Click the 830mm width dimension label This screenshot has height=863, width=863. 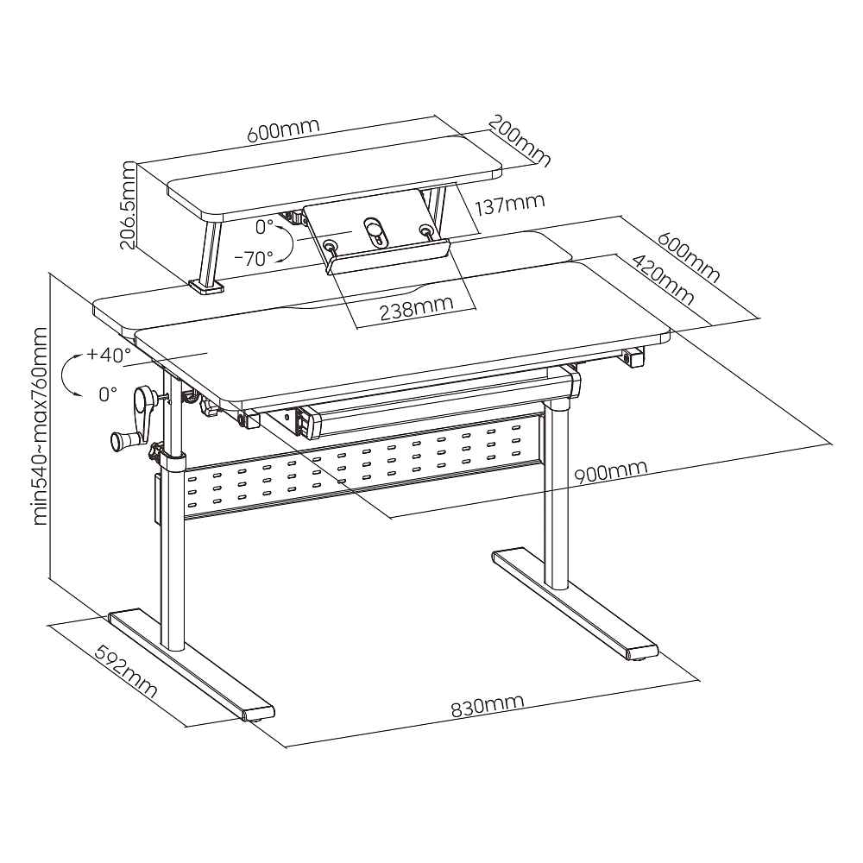487,706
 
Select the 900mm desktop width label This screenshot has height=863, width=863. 610,472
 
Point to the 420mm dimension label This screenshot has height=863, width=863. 662,280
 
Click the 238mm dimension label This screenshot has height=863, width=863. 417,309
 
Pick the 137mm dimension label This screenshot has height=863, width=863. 510,205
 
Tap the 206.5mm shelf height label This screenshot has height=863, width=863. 129,205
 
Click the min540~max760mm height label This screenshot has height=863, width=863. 41,425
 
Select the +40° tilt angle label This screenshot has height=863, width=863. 109,355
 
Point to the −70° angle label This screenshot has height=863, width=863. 254,258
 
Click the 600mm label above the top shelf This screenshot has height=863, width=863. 283,130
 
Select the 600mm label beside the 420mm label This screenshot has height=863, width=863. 689,257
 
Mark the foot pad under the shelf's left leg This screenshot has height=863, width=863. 206,287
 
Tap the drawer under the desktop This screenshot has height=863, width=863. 435,403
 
